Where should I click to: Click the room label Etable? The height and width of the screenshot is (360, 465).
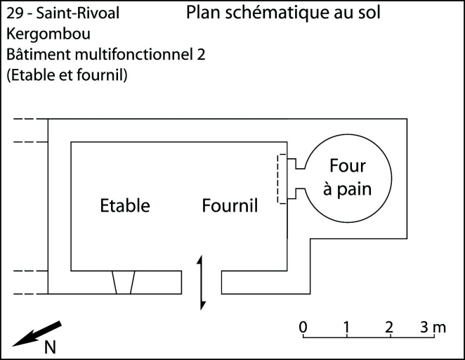pyautogui.click(x=125, y=206)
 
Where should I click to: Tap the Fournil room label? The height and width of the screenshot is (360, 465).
pyautogui.click(x=230, y=206)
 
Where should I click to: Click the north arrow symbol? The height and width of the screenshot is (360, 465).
pyautogui.click(x=37, y=333)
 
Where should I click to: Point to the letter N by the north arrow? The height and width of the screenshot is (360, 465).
pyautogui.click(x=51, y=347)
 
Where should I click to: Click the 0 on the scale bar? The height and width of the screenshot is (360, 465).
pyautogui.click(x=303, y=327)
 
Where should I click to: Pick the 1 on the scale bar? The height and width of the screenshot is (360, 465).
pyautogui.click(x=346, y=327)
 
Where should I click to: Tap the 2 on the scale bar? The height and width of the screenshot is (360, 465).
pyautogui.click(x=389, y=327)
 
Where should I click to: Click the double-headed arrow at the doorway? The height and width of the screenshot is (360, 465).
pyautogui.click(x=202, y=283)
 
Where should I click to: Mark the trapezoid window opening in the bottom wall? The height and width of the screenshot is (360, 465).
pyautogui.click(x=123, y=283)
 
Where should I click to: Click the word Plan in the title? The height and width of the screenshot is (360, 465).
pyautogui.click(x=204, y=13)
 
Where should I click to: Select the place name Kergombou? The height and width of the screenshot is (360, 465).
pyautogui.click(x=41, y=34)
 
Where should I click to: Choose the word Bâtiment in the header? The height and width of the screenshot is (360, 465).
pyautogui.click(x=34, y=54)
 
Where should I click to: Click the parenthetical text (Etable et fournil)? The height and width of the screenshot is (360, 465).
pyautogui.click(x=67, y=75)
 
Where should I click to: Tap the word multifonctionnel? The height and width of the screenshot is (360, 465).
pyautogui.click(x=131, y=54)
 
